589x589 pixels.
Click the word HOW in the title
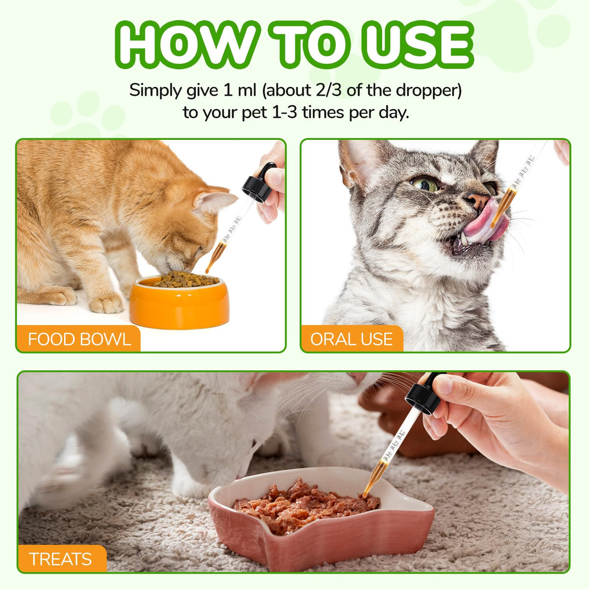click(x=188, y=45)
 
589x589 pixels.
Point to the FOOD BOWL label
click(x=80, y=339)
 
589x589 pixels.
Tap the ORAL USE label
click(x=351, y=339)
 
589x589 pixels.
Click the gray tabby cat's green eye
click(x=426, y=185)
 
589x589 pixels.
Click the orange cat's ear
click(x=214, y=200)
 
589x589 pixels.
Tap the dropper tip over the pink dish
click(x=365, y=495)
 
